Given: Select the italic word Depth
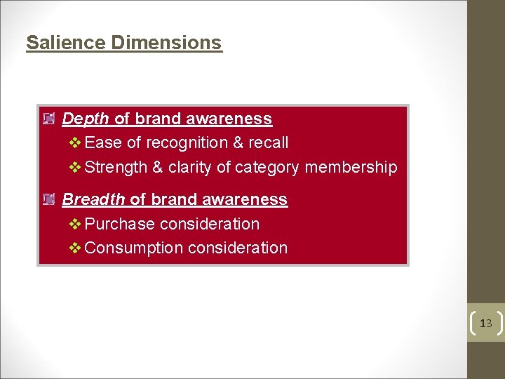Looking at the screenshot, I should (86, 119).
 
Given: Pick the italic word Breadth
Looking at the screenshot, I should (93, 199).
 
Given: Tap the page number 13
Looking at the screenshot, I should (486, 324).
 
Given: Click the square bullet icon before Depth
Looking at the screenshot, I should (48, 119).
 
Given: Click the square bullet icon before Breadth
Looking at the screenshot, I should (48, 200).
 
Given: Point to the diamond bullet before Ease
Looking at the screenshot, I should (76, 143).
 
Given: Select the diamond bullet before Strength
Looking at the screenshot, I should (76, 168).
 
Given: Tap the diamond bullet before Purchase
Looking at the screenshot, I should (76, 225).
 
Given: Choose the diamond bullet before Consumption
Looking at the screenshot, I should (76, 248).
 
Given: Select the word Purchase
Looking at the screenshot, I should (120, 225).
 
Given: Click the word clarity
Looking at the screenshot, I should (190, 168).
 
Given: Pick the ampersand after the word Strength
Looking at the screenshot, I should (158, 168).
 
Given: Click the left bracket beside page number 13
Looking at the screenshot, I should (472, 324).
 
